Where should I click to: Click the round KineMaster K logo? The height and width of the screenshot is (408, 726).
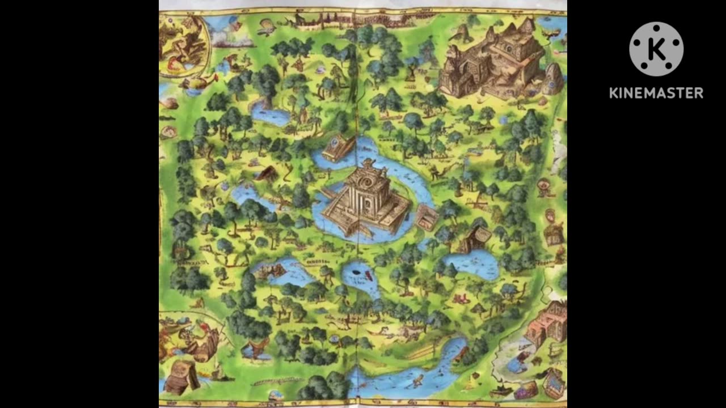click(x=656, y=49)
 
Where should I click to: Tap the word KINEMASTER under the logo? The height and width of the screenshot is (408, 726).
click(x=656, y=93)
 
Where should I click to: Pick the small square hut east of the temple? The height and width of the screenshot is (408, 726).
click(x=427, y=218)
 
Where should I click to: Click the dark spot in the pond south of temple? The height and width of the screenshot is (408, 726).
click(x=356, y=272)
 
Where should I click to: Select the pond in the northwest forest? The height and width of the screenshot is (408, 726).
click(x=271, y=113)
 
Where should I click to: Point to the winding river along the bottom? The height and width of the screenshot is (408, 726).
click(x=408, y=371)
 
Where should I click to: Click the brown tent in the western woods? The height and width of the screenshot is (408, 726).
click(x=267, y=173)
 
